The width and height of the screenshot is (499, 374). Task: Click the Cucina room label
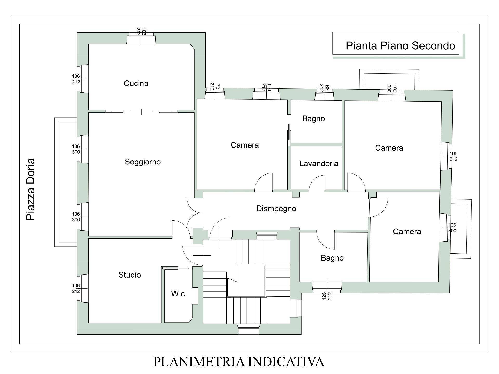coord(136,83)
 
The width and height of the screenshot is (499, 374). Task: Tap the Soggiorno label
coord(143,162)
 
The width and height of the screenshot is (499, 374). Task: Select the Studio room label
coord(130,275)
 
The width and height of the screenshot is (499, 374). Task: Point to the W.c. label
coord(179,294)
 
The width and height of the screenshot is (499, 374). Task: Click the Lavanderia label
coord(319,164)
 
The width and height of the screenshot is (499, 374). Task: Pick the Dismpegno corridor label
coord(276,209)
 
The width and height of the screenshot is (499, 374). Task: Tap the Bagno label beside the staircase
coord(332,258)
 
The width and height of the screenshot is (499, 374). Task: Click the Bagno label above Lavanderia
coord(313,119)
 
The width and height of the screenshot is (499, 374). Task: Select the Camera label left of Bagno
coord(245,145)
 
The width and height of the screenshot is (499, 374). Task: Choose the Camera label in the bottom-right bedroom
coord(407,231)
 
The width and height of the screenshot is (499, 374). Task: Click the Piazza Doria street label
coord(30,190)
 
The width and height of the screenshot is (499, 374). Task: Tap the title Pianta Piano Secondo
coord(400,46)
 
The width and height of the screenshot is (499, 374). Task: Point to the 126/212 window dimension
coord(327,296)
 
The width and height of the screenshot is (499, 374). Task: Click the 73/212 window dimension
coord(215,87)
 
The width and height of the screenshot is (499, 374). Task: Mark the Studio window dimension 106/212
coord(76,289)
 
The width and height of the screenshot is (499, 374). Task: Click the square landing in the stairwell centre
coord(251,280)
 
